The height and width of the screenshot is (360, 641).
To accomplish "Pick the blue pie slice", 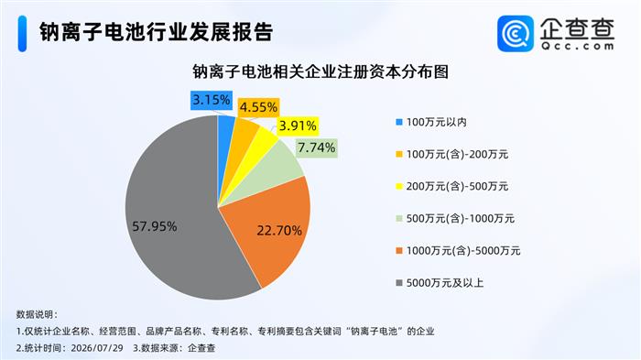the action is tap(225, 139).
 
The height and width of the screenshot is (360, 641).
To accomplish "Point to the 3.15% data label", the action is tap(212, 100).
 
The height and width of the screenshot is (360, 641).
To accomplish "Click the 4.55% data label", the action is tap(258, 107).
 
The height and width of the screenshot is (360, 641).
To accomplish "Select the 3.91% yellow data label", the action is tap(298, 125).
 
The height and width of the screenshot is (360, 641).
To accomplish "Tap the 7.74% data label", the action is tap(317, 147).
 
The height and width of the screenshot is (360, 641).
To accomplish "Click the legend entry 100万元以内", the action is tap(431, 122).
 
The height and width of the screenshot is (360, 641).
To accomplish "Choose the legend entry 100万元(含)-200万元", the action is tap(451, 154).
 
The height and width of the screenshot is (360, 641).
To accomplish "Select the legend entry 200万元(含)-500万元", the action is tap(451, 186).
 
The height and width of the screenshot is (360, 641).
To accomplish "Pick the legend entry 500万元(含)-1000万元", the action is tap(455, 218).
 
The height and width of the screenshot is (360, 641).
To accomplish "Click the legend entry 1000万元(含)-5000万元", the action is tap(458, 250).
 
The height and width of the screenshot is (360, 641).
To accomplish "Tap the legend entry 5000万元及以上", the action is tap(440, 283).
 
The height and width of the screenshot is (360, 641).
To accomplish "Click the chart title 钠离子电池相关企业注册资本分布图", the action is tap(320, 71).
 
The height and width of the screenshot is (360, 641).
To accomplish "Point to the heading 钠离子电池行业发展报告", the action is tap(156, 32).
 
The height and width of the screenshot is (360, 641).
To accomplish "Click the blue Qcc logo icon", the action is tap(516, 34).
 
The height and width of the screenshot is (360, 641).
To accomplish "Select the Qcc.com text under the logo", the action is tap(578, 46).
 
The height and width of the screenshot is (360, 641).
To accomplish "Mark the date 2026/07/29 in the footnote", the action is tap(97, 348).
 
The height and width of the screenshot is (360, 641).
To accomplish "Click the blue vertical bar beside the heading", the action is tap(22, 34).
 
